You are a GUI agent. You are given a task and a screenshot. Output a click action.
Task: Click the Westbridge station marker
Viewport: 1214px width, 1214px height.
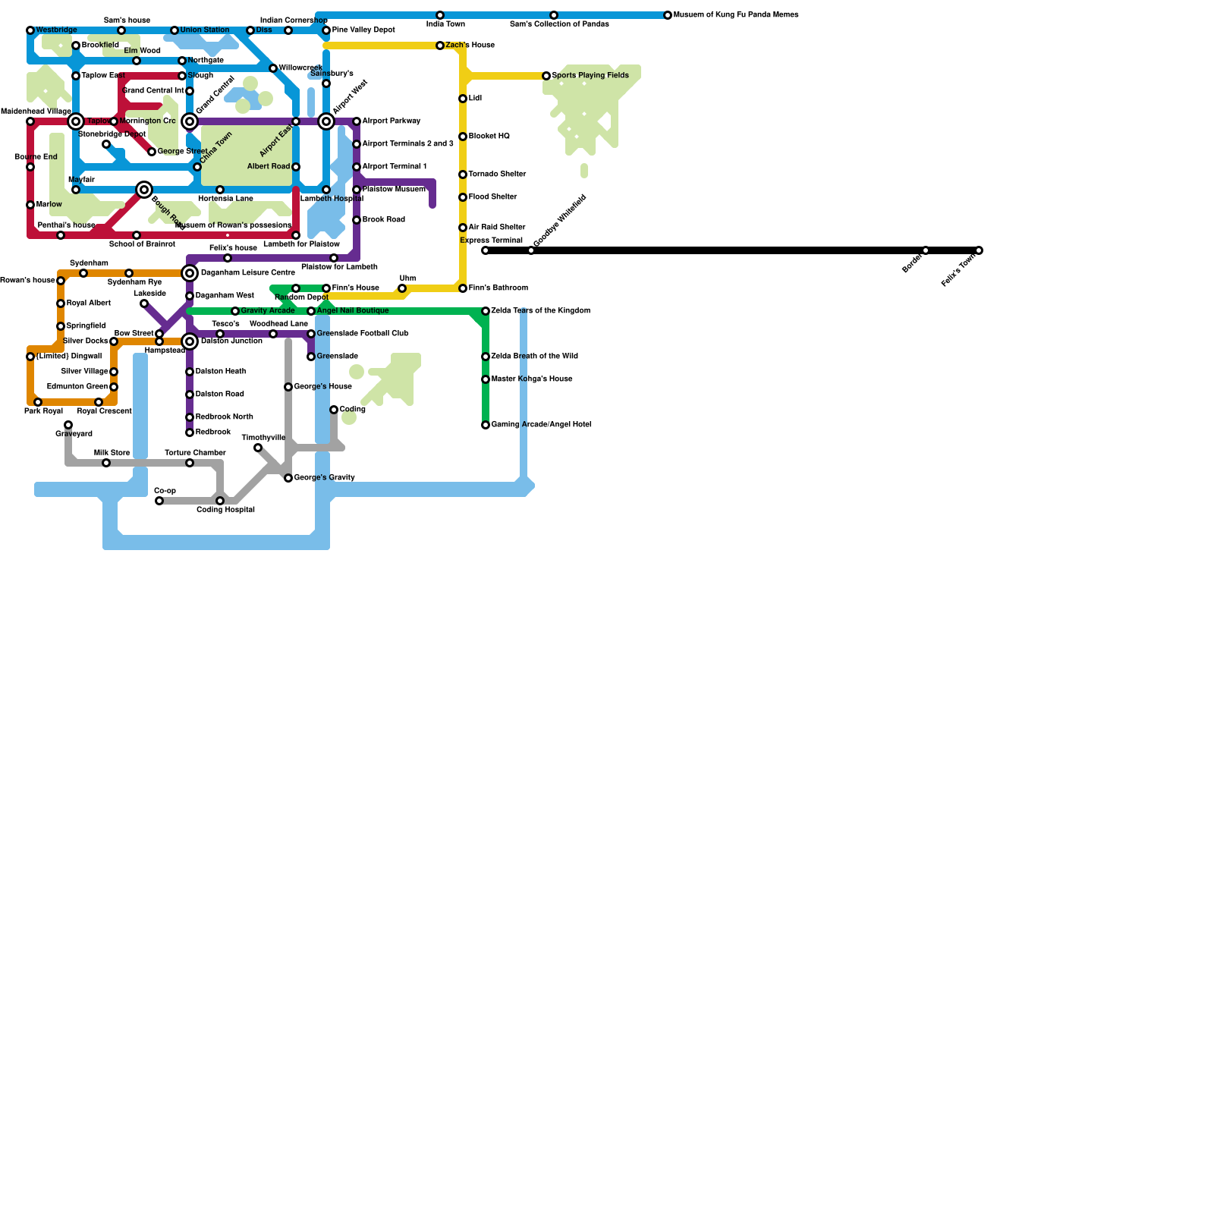(30, 30)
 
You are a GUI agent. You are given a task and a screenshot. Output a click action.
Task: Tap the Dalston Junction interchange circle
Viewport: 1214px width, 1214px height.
(190, 341)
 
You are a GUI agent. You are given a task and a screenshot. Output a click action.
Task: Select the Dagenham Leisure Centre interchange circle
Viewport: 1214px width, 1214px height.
(190, 273)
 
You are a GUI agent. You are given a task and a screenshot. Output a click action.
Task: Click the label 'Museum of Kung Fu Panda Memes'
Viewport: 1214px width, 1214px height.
(735, 15)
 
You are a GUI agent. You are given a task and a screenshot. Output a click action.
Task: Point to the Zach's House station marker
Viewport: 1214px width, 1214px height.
(440, 46)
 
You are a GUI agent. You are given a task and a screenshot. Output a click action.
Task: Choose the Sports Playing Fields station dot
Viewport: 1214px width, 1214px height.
(546, 76)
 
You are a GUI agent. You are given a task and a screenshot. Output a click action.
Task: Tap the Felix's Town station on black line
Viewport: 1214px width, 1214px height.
(979, 250)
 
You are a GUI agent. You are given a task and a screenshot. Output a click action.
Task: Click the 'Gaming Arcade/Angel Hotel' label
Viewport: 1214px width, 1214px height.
(541, 425)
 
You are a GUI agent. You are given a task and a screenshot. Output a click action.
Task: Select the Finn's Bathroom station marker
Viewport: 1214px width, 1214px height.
(463, 288)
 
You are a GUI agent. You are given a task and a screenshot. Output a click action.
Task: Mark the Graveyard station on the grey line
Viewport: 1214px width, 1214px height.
(68, 425)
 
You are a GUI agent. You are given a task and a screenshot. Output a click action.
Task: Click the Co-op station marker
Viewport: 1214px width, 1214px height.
(159, 501)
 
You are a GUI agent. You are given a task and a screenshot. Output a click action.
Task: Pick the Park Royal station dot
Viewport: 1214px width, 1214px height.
(38, 402)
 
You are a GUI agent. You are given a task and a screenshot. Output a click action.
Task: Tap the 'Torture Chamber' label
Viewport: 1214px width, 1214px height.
(195, 453)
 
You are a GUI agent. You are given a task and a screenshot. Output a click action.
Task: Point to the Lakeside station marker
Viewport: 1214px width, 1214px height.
(144, 303)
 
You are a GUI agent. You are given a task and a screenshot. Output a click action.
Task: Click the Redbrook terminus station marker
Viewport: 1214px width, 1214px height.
(190, 432)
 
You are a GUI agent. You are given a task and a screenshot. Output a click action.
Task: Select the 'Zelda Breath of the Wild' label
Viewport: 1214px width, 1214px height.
(534, 357)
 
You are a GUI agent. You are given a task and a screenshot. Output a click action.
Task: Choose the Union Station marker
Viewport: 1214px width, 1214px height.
(175, 30)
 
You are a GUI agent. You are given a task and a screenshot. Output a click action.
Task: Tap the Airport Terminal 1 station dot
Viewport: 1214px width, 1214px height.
(357, 167)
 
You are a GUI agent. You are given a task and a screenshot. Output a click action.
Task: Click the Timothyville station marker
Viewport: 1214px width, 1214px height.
(258, 448)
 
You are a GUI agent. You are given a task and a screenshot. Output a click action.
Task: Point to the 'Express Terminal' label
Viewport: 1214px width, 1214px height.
(491, 241)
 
